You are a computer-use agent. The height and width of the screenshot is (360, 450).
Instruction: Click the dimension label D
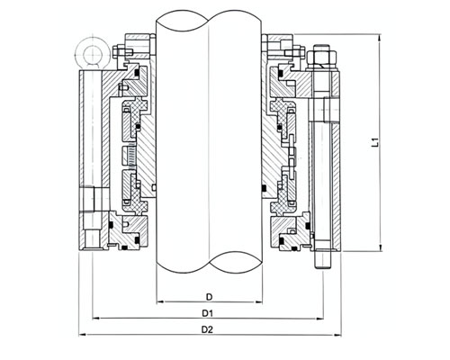click(209, 297)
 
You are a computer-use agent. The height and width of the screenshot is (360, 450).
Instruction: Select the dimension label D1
click(207, 313)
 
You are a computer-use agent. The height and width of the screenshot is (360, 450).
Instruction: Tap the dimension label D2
click(207, 329)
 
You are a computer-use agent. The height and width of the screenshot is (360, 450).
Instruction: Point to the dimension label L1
click(374, 142)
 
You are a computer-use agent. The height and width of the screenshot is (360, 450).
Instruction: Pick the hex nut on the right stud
click(322, 58)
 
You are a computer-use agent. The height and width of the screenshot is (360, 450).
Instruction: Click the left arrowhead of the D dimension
click(161, 301)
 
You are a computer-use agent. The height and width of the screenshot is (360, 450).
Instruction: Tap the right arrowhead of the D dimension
click(258, 301)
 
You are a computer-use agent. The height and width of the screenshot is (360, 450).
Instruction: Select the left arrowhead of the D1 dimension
click(96, 318)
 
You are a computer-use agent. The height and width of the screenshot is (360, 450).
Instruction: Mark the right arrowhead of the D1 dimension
click(319, 318)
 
